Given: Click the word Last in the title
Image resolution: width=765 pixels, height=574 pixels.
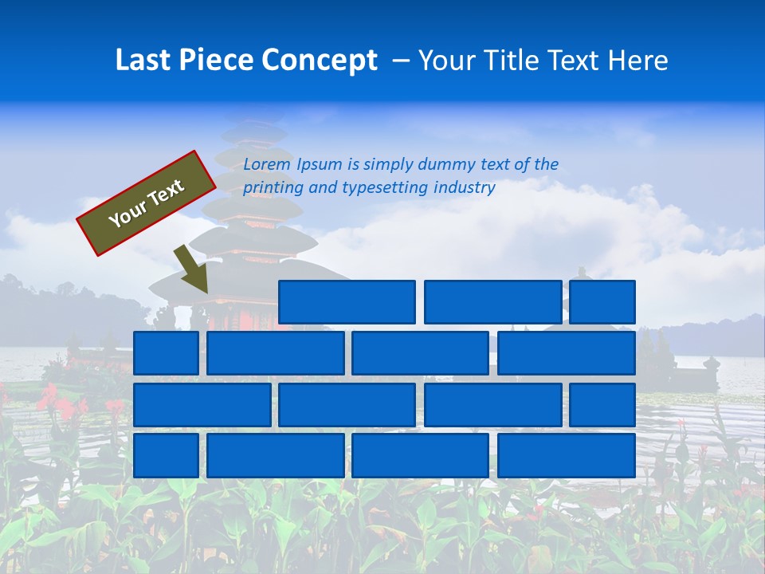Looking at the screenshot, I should click(x=144, y=61).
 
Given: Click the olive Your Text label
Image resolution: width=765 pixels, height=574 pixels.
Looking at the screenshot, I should click(x=147, y=202).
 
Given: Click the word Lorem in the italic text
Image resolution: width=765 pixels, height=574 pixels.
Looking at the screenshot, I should click(x=267, y=164).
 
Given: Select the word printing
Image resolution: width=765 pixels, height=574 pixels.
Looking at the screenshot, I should click(x=275, y=188).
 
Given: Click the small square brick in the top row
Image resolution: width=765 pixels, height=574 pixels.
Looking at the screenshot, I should click(x=602, y=302).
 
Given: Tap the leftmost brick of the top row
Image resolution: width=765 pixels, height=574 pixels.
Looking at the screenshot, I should click(x=347, y=302).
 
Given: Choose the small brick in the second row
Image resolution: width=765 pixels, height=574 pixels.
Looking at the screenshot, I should click(x=166, y=353).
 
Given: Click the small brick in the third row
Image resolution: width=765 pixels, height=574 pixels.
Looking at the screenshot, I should click(x=602, y=405).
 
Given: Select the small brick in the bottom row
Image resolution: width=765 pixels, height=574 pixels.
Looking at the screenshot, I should click(x=166, y=455).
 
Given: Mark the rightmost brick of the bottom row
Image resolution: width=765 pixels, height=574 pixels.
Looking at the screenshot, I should click(x=567, y=455).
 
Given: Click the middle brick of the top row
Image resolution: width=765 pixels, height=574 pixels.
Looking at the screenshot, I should click(x=492, y=302).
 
